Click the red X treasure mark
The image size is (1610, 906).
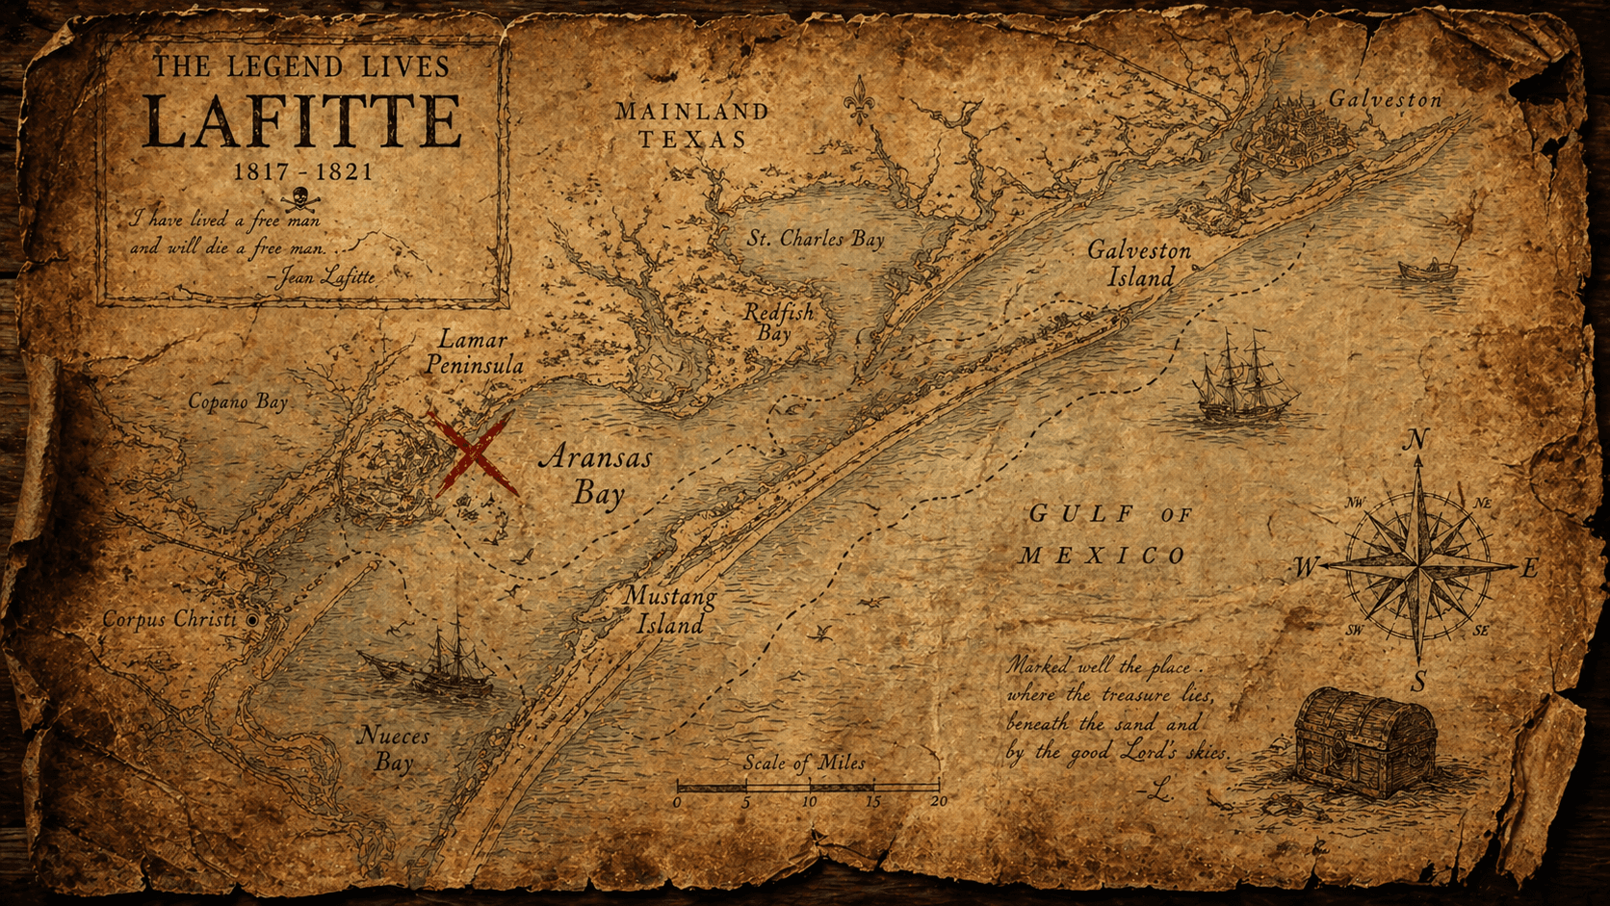[473, 453]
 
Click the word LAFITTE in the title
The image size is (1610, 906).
[302, 122]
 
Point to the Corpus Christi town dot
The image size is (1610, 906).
[253, 621]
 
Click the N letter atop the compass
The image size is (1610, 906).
[1415, 441]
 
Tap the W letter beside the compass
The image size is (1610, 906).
[1305, 568]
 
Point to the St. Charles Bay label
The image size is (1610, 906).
[816, 239]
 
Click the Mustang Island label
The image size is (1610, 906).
[669, 610]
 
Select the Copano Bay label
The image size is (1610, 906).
[238, 401]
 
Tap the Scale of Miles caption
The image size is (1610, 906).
[804, 763]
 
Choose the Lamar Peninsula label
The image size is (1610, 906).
[474, 352]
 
